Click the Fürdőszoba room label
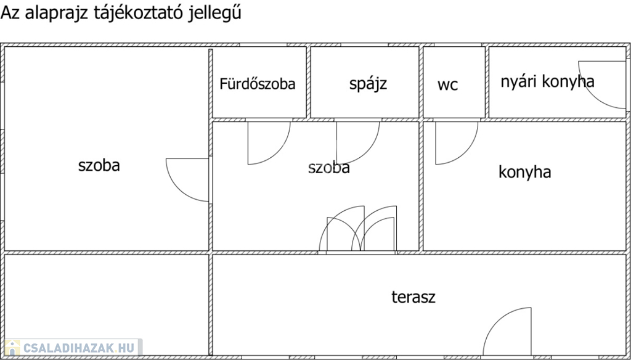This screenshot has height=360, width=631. click(258, 84)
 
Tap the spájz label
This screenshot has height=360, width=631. click(368, 83)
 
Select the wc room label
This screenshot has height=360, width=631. click(448, 85)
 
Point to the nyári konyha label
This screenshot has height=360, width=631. click(547, 81)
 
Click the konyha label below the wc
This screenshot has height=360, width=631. click(524, 172)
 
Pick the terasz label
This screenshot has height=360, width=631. click(413, 297)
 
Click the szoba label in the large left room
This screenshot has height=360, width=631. click(99, 165)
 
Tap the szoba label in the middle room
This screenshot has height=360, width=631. click(329, 168)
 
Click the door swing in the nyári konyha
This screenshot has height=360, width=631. click(601, 83)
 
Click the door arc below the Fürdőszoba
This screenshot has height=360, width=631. click(267, 142)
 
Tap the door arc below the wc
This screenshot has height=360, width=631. click(455, 142)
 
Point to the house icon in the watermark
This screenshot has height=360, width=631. click(12, 348)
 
